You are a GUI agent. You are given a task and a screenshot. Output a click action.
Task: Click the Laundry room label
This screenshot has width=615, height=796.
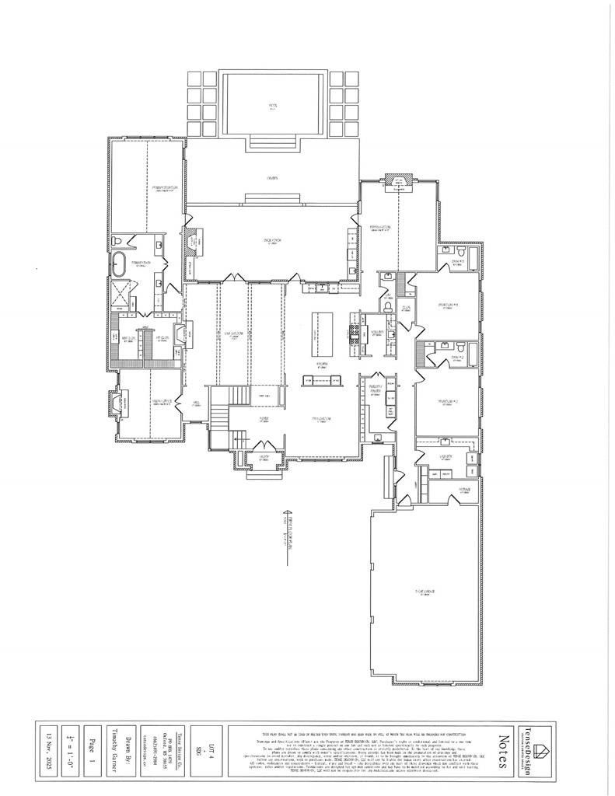pos(446,459)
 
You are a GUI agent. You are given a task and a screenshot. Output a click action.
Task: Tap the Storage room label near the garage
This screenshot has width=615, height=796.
pos(464,489)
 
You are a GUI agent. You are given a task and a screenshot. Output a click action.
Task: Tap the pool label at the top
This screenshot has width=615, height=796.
pos(273,104)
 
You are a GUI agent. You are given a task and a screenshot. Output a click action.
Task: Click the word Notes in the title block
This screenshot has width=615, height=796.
pos(503,750)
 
